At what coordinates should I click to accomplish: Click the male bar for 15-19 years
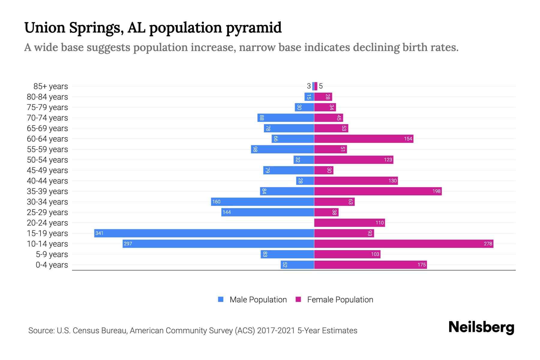pos(204,233)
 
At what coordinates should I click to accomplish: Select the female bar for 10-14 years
pos(403,244)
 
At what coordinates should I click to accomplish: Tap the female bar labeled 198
pos(378,191)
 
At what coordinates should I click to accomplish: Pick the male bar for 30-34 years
pos(262,202)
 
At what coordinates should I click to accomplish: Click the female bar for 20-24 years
pos(349,223)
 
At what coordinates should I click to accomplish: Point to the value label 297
pos(128,244)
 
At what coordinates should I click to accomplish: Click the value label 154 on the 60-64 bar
pos(408,139)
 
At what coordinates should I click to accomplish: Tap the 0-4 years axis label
pos(52,265)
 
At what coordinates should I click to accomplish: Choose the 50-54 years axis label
pos(47,160)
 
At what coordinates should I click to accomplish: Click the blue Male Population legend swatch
pos(221,299)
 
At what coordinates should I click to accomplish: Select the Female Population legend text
pos(340,300)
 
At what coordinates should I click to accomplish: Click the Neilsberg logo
pos(481,327)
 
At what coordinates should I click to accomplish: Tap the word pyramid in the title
pos(253,28)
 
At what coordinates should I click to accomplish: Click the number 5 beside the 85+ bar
pos(321,86)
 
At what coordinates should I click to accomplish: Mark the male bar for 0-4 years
pos(297,265)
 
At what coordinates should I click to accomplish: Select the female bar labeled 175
pos(370,265)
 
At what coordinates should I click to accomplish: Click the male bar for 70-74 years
pos(286,118)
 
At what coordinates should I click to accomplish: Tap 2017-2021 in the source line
pos(276,331)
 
